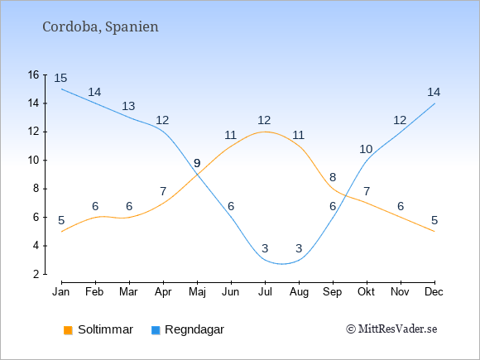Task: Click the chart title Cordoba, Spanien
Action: [x=100, y=27]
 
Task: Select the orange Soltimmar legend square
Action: [x=68, y=330]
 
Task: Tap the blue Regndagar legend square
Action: [x=156, y=330]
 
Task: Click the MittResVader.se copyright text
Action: [x=391, y=329]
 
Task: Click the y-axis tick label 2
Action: [x=36, y=274]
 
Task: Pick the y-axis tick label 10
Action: [x=34, y=160]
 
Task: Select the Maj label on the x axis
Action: [x=197, y=292]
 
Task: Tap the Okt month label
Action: [x=366, y=292]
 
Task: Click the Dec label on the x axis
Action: [x=434, y=292]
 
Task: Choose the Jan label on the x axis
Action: [x=61, y=292]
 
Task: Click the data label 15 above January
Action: [x=60, y=78]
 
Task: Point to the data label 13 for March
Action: [x=128, y=106]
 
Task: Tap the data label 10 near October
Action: [x=366, y=150]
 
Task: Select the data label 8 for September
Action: [x=333, y=177]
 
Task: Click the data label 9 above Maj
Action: [x=197, y=163]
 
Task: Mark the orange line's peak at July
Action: [x=265, y=132]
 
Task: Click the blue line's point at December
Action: [x=434, y=103]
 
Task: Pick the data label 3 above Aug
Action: [x=299, y=248]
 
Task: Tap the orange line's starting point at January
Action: [x=62, y=232]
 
